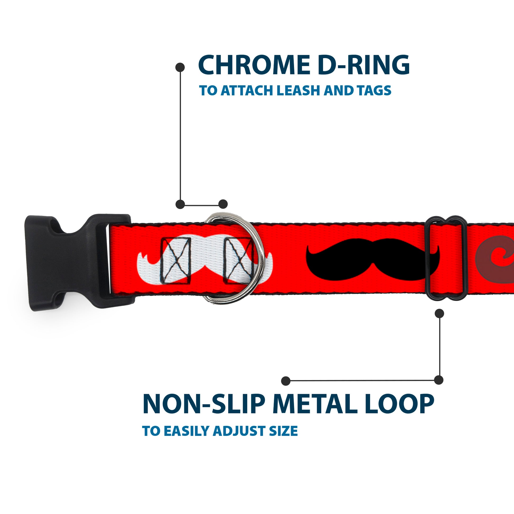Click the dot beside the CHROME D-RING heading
180,67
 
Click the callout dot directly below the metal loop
439,314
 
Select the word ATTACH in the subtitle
248,91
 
